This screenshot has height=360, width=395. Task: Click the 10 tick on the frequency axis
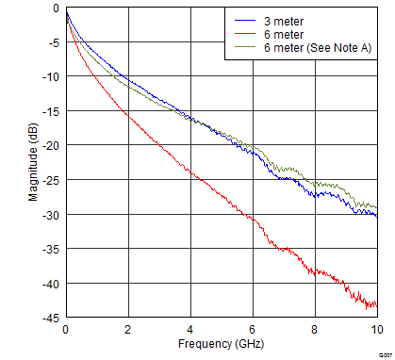(377, 331)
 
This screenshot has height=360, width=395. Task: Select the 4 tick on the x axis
(190, 331)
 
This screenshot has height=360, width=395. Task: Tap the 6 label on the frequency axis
(253, 331)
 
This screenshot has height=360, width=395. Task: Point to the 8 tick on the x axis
(315, 331)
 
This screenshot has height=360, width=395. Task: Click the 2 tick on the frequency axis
(128, 331)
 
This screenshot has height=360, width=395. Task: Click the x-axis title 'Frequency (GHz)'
(221, 346)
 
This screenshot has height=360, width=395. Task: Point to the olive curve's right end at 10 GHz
(376, 208)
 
